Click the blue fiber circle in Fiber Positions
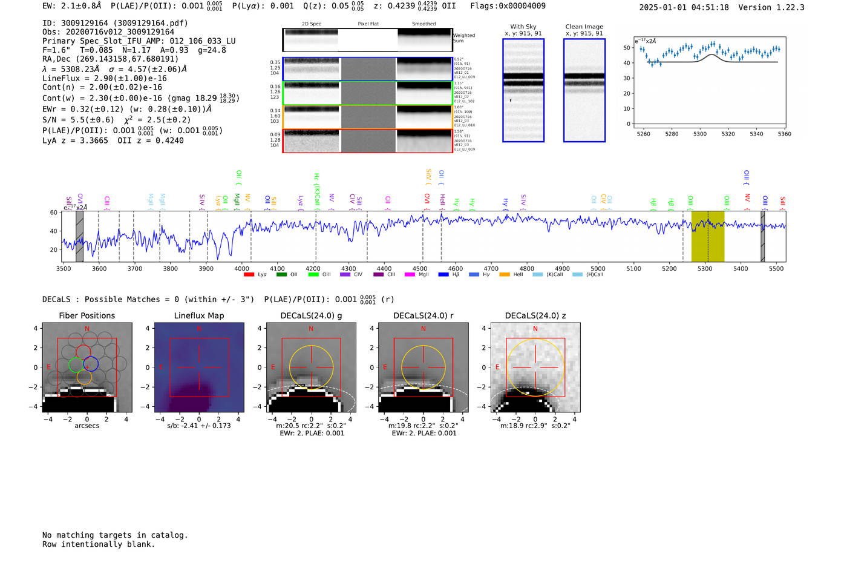(x=91, y=364)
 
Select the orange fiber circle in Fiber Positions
(x=84, y=377)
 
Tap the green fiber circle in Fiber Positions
(x=76, y=364)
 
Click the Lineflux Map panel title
(x=198, y=315)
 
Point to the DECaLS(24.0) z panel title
(x=535, y=315)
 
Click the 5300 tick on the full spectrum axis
(x=705, y=268)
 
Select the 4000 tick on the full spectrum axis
(x=241, y=268)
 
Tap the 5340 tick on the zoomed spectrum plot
(x=756, y=134)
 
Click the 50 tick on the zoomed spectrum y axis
(x=627, y=48)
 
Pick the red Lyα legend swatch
(x=249, y=275)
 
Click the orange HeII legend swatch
(x=505, y=275)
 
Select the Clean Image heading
(x=584, y=27)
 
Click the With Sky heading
(x=523, y=27)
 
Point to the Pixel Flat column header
(x=368, y=24)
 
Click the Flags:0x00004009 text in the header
(x=508, y=6)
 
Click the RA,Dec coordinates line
(x=110, y=59)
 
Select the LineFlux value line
(x=104, y=78)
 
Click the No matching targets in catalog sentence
(x=115, y=535)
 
